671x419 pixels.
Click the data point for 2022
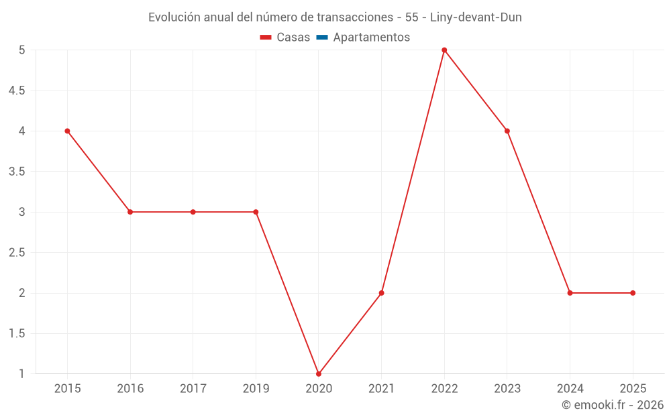click(x=444, y=50)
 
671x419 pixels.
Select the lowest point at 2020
click(x=319, y=373)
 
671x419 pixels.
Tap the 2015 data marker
click(x=67, y=131)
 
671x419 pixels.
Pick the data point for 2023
click(x=507, y=131)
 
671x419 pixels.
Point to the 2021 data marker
click(x=381, y=293)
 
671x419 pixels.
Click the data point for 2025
click(x=633, y=293)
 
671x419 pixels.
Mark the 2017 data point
click(x=193, y=212)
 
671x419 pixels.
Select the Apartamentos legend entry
click(x=371, y=38)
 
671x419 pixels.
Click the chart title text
click(x=335, y=17)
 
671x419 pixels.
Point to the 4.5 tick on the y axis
click(x=17, y=91)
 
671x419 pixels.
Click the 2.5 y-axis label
click(x=17, y=253)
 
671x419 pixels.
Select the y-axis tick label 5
click(x=21, y=50)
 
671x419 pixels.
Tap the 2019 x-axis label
click(x=256, y=389)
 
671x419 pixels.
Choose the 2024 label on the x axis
click(x=570, y=389)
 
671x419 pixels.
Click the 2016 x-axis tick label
click(x=130, y=389)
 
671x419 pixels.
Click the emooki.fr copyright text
click(x=612, y=405)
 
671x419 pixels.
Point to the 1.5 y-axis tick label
click(x=17, y=334)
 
